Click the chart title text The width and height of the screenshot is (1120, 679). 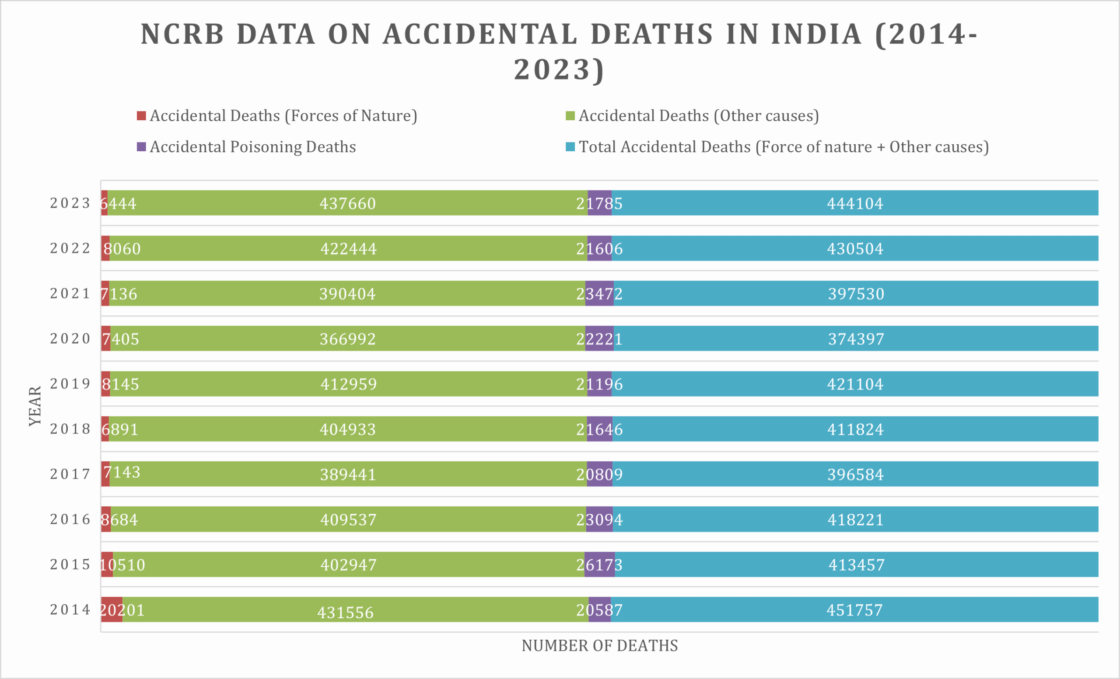pos(559,51)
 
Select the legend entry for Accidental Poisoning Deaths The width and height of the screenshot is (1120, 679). pos(252,147)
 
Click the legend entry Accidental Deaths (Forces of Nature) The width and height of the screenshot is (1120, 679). pos(283,116)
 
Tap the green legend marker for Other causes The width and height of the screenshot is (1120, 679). pos(570,116)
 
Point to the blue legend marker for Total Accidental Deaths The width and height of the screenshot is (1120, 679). pos(570,147)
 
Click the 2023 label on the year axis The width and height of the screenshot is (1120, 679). pos(70,203)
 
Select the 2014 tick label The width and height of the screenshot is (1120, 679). pos(70,609)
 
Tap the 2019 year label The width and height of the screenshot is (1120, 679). pos(70,384)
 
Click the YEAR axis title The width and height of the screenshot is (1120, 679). pos(35,406)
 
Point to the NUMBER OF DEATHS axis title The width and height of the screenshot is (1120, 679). pos(599,645)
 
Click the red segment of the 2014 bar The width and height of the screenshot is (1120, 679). pos(112,609)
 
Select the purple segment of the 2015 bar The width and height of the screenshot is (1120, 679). pos(599,564)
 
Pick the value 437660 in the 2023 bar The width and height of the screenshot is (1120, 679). pos(348,203)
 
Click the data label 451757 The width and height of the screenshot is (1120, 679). pos(854,610)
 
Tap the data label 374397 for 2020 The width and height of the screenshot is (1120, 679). pos(856,339)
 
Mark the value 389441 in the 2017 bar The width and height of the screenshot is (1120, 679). pos(348,475)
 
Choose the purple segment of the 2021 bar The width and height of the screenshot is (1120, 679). pos(599,293)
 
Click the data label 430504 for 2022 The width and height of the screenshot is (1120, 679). pos(855,249)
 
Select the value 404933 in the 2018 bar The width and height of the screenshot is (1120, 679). pos(348,429)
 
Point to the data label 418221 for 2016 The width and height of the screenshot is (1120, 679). pos(855,519)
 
